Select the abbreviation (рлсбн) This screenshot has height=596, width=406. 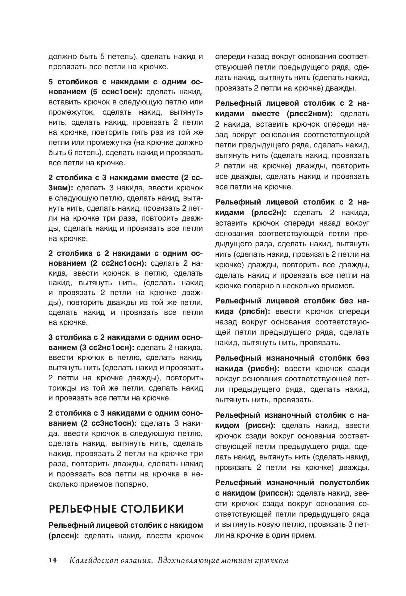pyautogui.click(x=254, y=311)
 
